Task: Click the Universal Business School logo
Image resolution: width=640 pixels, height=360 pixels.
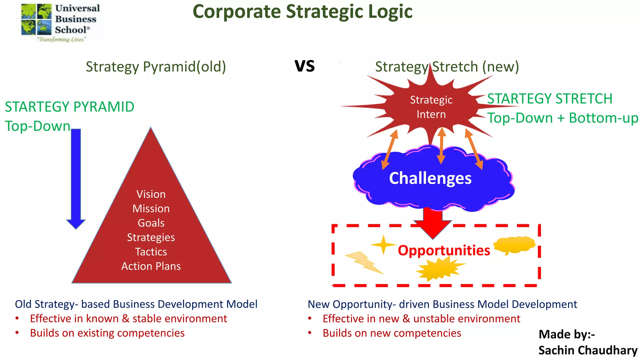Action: tap(60, 22)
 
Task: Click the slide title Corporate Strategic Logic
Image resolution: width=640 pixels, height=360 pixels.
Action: tap(302, 12)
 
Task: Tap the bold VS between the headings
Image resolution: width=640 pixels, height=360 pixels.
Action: tap(305, 66)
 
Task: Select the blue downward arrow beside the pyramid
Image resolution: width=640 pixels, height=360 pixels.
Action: tap(76, 178)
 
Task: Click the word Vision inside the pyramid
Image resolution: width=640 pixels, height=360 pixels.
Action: tap(151, 194)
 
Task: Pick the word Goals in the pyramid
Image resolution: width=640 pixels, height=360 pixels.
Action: tap(151, 223)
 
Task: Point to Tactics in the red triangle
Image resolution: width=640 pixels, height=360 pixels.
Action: tap(151, 252)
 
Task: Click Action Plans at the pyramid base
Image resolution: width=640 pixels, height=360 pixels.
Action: tap(151, 266)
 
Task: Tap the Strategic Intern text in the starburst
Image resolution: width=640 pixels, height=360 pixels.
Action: tap(431, 107)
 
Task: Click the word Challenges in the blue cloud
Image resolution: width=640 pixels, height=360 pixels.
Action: tap(430, 178)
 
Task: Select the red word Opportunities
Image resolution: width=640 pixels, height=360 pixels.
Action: tap(444, 250)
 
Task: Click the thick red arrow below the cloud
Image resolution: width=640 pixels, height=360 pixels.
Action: tap(433, 223)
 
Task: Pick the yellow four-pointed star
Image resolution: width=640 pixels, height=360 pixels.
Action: tap(383, 244)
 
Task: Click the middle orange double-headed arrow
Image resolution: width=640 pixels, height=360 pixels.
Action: tap(441, 146)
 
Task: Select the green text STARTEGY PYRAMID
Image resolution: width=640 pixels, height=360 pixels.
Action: tap(69, 107)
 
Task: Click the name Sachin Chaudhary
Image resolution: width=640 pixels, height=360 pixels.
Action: tap(588, 350)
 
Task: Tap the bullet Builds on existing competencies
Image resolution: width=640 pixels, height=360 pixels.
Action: tap(107, 333)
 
